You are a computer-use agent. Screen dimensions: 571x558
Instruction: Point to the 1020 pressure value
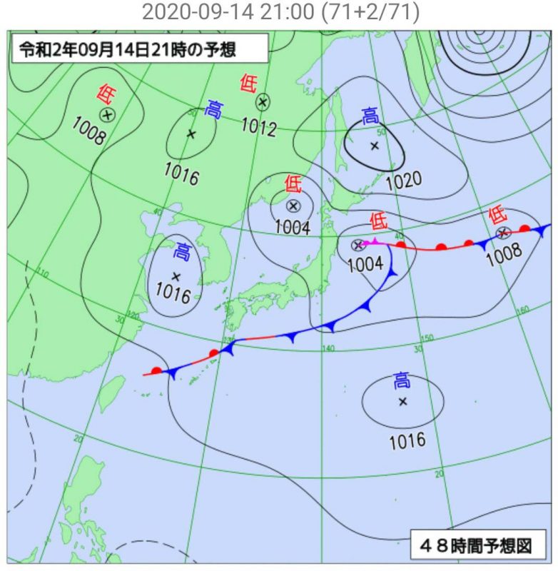[x=403, y=180]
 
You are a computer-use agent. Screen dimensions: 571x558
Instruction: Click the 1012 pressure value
[x=258, y=126]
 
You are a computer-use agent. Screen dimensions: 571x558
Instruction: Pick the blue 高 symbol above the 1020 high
[x=370, y=116]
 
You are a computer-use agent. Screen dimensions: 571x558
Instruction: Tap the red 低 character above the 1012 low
[x=248, y=84]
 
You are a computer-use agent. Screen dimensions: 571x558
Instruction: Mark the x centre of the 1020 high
[x=374, y=146]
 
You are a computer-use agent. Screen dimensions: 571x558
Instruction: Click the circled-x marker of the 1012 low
[x=263, y=102]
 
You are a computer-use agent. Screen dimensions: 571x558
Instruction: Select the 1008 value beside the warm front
[x=504, y=253]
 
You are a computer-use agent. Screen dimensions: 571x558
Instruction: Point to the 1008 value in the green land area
[x=88, y=132]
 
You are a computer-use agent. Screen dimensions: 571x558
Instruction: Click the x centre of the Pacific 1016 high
[x=402, y=401]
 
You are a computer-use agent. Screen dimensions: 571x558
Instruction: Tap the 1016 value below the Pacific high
[x=407, y=440]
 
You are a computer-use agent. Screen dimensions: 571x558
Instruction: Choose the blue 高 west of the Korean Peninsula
[x=183, y=251]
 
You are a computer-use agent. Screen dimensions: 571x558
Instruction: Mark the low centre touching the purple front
[x=357, y=246]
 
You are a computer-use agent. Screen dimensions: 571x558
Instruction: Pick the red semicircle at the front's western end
[x=157, y=370]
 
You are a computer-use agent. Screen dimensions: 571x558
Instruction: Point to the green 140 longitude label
[x=328, y=348]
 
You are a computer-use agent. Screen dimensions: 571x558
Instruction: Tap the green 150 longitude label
[x=427, y=338]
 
